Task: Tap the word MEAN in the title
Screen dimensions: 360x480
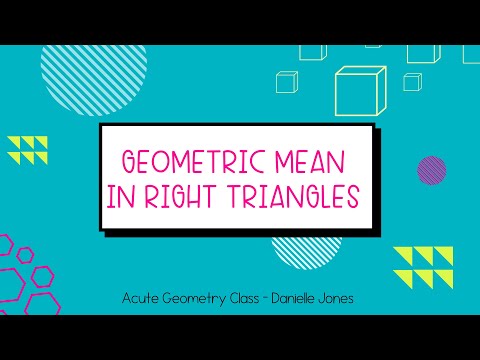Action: [312, 161]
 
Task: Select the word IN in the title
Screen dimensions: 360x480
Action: [121, 198]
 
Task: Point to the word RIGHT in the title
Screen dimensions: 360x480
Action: [183, 198]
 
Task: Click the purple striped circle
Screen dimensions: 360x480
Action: [431, 171]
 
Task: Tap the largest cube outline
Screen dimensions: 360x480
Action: [361, 90]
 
